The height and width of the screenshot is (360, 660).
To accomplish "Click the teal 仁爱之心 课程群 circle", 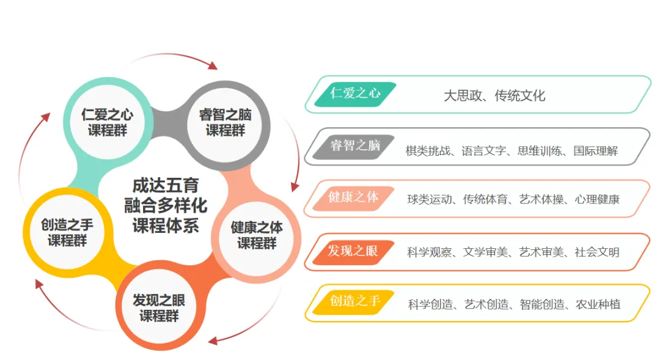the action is tap(108, 122).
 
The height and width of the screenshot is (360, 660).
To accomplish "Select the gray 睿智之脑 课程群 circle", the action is tap(226, 122).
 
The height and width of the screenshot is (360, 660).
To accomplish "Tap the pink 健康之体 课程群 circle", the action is tap(257, 235).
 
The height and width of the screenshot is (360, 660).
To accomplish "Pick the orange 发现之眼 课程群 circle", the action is tap(159, 308).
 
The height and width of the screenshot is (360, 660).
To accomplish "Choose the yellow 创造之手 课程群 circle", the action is tap(67, 233).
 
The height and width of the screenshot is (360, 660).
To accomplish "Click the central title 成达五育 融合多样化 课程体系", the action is tap(166, 205).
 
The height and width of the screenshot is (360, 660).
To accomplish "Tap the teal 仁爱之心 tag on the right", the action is tap(355, 94).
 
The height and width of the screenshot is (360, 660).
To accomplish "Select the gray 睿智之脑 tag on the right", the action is tap(355, 146).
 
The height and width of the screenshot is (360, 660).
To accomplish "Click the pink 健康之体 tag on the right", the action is tap(353, 198).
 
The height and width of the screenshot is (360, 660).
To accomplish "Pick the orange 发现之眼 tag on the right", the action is tap(353, 251).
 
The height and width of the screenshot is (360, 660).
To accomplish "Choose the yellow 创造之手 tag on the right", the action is tap(354, 301).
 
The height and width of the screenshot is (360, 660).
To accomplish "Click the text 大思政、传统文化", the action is tap(494, 95).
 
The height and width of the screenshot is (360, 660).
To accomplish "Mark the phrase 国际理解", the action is tap(595, 150).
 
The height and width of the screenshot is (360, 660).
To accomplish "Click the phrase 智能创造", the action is tap(542, 304).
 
